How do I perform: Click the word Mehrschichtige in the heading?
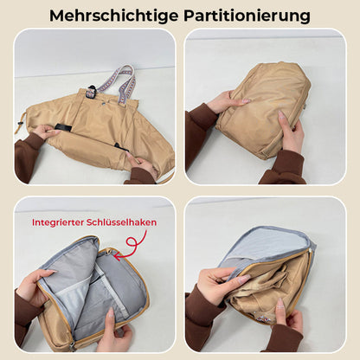pyautogui.click(x=114, y=15)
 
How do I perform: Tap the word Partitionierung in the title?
pyautogui.click(x=247, y=15)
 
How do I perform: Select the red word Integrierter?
pyautogui.click(x=58, y=222)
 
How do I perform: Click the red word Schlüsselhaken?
pyautogui.click(x=121, y=222)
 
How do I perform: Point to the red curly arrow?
pyautogui.click(x=133, y=245)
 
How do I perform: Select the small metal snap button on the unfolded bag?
pyautogui.click(x=103, y=102)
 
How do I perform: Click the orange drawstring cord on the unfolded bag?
pyautogui.click(x=20, y=122)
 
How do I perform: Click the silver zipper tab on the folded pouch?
pyautogui.click(x=305, y=106)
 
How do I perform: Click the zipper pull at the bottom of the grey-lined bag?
pyautogui.click(x=73, y=346)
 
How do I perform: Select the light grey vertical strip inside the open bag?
pyautogui.click(x=109, y=287)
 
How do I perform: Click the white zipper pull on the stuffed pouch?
pyautogui.click(x=311, y=253)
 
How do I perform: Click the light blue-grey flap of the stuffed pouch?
pyautogui.click(x=267, y=245)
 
